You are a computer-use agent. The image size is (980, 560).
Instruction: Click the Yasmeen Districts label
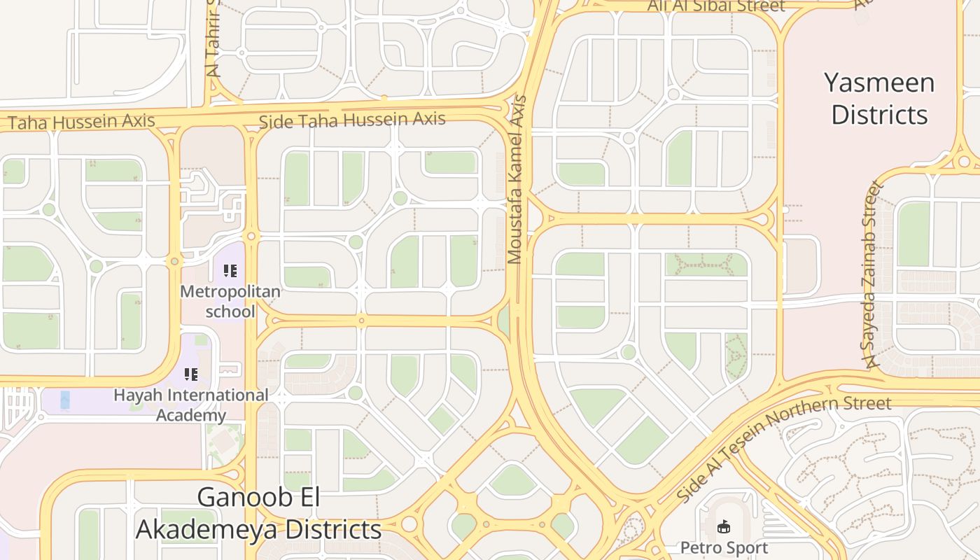(x=879, y=98)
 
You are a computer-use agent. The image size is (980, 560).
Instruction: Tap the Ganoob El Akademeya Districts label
(x=258, y=513)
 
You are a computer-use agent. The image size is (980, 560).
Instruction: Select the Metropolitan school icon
(x=230, y=271)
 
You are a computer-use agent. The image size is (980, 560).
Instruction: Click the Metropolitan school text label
(x=230, y=301)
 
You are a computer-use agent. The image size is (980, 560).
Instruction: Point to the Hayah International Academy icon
(x=191, y=374)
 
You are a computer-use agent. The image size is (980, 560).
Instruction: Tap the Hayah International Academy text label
(x=191, y=405)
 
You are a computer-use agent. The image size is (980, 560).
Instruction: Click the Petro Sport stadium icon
(x=724, y=526)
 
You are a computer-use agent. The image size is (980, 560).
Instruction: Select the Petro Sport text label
(x=724, y=547)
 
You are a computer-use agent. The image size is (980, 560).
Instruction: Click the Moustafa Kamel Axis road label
(x=517, y=180)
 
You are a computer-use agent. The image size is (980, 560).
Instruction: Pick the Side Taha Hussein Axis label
(x=352, y=120)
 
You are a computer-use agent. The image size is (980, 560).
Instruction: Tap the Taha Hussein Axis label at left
(x=81, y=121)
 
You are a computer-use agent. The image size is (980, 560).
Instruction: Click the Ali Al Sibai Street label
(x=716, y=6)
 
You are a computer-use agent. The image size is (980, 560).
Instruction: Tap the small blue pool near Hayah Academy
(x=65, y=400)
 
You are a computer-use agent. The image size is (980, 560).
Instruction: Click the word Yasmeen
(x=879, y=83)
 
